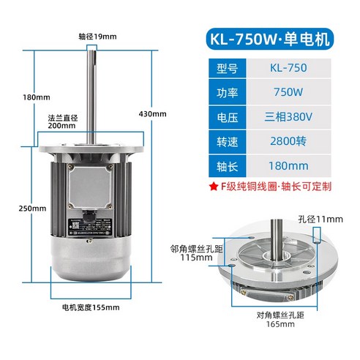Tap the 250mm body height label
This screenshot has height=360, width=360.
coord(14,209)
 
